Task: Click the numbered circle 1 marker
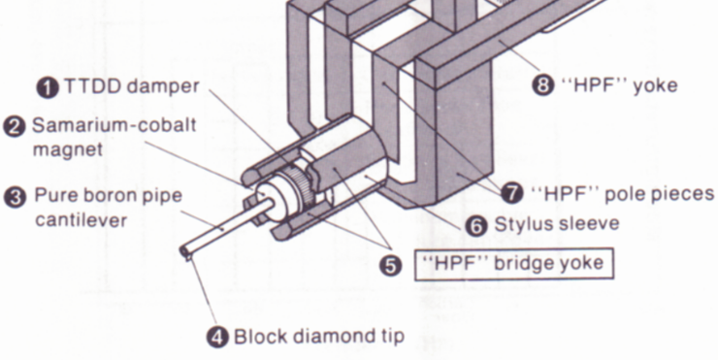click(49, 87)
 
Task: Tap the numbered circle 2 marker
click(15, 126)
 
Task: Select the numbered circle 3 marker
click(16, 197)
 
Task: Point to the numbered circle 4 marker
click(217, 337)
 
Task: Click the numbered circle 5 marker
click(390, 266)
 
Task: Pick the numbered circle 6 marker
click(476, 225)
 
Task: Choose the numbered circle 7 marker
click(512, 193)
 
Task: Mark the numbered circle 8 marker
click(542, 85)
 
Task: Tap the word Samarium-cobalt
click(114, 125)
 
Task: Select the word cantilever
click(82, 220)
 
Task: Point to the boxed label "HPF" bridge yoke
click(514, 264)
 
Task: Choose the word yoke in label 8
click(655, 86)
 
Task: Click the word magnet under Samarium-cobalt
click(68, 150)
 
